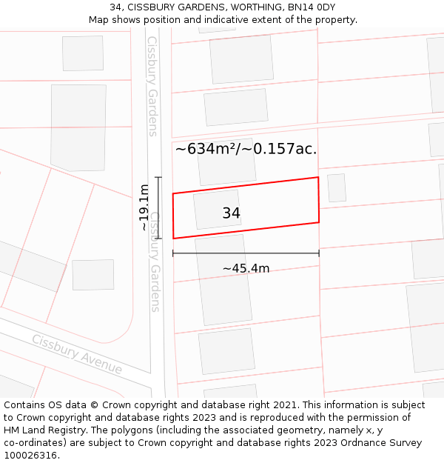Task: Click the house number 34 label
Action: coord(231,213)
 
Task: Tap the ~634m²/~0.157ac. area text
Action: coord(246,149)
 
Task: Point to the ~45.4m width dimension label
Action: coord(246,268)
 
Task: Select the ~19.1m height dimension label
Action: coord(144,208)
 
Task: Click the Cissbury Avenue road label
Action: coord(77,354)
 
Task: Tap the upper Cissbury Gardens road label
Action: coord(152,86)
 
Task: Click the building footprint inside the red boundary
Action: coord(217,210)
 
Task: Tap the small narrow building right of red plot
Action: coord(337,188)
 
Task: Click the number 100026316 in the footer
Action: coord(31,456)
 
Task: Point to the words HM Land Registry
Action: coord(44,430)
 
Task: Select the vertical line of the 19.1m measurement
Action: coord(158,208)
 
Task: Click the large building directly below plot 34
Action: coord(223,279)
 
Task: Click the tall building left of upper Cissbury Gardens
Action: coord(78,127)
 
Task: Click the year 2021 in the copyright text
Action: coord(282,405)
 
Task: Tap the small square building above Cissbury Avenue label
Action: coord(93,275)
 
